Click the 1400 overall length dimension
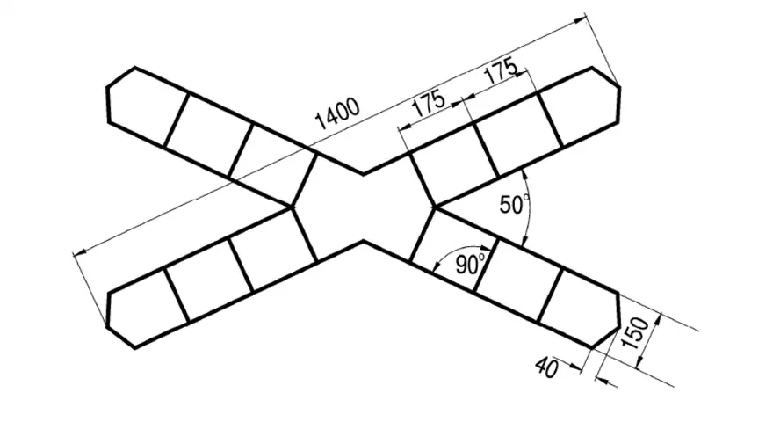337,114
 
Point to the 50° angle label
514,204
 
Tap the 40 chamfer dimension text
547,367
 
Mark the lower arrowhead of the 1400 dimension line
80,252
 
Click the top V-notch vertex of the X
364,174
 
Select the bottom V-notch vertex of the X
364,242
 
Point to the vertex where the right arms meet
435,207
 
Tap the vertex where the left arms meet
293,207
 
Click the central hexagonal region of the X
364,207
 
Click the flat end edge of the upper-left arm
108,104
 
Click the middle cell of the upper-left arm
208,135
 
